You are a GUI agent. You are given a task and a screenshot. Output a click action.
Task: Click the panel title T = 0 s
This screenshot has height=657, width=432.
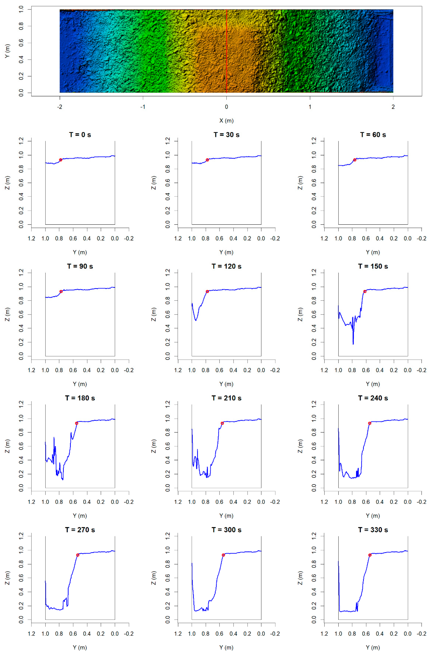point(80,135)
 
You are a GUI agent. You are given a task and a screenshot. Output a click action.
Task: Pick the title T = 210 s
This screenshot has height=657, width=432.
point(226,398)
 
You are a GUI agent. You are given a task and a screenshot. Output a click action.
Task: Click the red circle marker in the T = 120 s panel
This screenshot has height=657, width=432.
point(207,292)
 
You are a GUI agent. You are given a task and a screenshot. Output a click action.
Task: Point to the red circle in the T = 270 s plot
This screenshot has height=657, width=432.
point(78,555)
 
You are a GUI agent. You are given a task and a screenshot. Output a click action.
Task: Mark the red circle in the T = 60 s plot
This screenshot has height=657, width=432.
point(355,160)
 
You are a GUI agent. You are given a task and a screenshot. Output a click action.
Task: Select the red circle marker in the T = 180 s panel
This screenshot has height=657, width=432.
point(77,423)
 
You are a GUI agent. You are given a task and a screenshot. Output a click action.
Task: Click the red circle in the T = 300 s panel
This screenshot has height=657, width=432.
point(223,555)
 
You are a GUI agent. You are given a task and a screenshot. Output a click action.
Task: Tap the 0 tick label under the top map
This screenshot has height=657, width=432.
point(226,107)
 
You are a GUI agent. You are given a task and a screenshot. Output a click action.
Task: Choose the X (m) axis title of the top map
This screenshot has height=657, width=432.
point(226,121)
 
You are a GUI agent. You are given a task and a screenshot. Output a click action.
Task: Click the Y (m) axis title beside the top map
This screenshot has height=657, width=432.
point(7,51)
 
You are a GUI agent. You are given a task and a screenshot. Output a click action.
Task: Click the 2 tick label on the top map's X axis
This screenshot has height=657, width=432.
point(393,107)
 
